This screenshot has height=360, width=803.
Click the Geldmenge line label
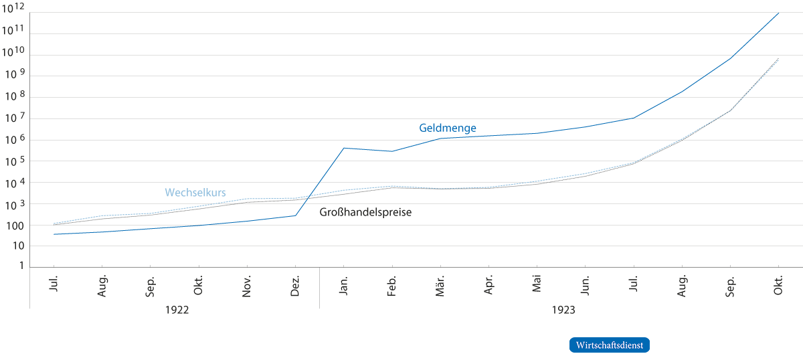coord(448,128)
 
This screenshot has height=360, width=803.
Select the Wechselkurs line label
coord(195,193)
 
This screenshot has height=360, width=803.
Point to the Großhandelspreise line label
coord(365,213)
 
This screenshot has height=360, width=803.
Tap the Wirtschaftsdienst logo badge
coord(610,345)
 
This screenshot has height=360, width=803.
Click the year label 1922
coord(175,310)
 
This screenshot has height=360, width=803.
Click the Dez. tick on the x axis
coord(296,287)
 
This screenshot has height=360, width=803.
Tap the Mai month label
coord(537,286)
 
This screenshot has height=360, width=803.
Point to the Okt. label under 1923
coord(779,287)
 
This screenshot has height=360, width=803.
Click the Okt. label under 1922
coord(199,287)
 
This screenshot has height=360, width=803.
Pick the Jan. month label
coord(344,287)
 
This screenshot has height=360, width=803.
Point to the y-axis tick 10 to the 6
coord(13,139)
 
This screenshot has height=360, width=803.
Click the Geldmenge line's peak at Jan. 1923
coord(344,148)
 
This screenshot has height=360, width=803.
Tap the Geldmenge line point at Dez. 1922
coord(296,215)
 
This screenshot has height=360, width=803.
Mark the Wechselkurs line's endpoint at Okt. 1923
coord(779,60)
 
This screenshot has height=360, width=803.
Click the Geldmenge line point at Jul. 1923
coord(633,118)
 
